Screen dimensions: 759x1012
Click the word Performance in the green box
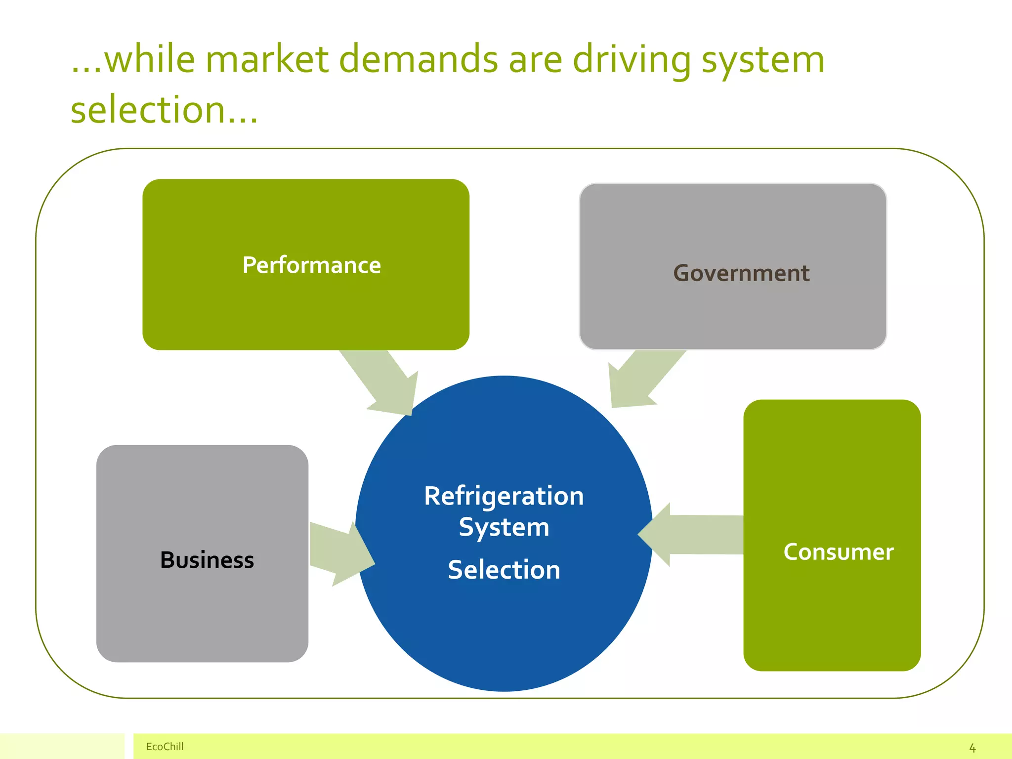(x=311, y=265)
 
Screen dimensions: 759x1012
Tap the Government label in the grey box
(x=741, y=273)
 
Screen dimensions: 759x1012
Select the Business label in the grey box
(x=207, y=560)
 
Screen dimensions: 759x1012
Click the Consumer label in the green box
(x=839, y=552)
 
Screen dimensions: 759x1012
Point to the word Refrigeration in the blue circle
(x=504, y=496)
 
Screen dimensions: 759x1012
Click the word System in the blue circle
(x=504, y=527)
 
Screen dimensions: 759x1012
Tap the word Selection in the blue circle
(x=504, y=570)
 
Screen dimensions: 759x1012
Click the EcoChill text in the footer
(x=165, y=747)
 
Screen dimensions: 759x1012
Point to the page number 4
(x=972, y=748)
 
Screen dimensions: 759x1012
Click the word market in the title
(x=267, y=59)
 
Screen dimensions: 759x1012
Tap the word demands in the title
(x=419, y=59)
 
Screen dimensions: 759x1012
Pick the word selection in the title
(x=148, y=110)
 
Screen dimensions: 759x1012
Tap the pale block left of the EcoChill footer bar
(x=62, y=746)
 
